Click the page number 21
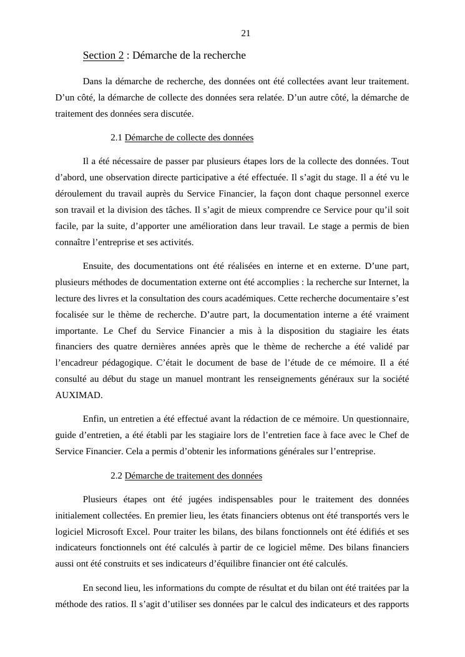pos(245,33)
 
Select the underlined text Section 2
pos(103,56)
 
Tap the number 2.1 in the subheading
pos(116,137)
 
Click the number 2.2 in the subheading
pos(116,476)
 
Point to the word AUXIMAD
pos(79,395)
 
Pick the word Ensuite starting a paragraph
pos(99,266)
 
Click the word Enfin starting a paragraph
pos(94,419)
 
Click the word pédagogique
pos(135,363)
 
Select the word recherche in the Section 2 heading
pos(223,56)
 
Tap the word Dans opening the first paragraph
pos(92,81)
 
